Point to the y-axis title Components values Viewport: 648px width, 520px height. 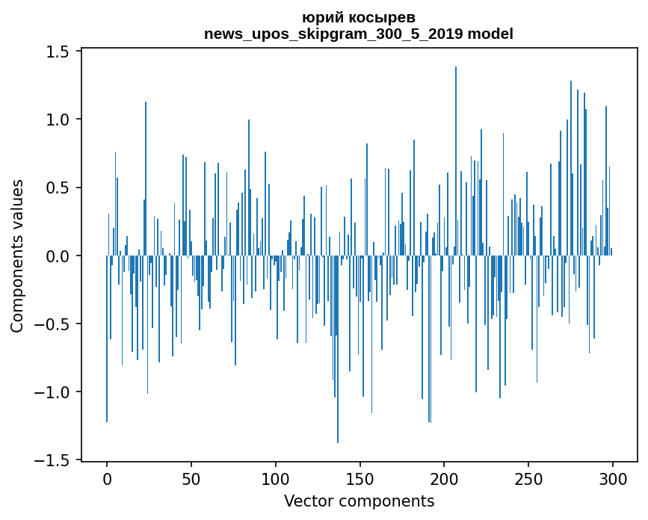[17, 256]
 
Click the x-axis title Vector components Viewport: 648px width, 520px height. [359, 501]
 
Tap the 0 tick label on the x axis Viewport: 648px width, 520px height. [107, 478]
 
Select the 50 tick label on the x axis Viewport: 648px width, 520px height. [191, 478]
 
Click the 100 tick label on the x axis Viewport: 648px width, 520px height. [276, 478]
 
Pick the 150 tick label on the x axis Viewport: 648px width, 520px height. [360, 478]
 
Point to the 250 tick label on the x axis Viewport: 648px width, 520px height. [528, 478]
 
